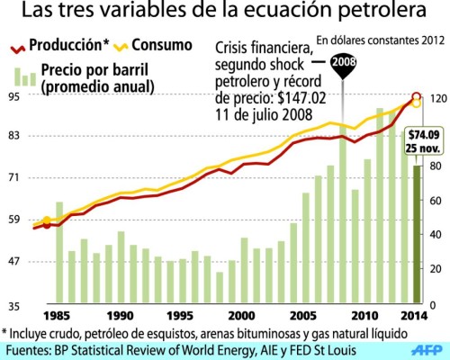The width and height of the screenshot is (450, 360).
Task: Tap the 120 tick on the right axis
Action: pos(436,98)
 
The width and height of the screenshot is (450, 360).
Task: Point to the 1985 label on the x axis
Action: pos(58,316)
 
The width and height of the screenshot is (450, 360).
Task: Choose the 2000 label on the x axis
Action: pos(241,316)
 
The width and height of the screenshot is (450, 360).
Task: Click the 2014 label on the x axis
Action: pos(413,316)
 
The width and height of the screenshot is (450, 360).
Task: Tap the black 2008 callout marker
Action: pos(343,63)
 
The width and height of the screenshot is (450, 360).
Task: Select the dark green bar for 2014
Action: pos(417,234)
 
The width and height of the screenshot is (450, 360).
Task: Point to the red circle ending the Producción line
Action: pos(417,96)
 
